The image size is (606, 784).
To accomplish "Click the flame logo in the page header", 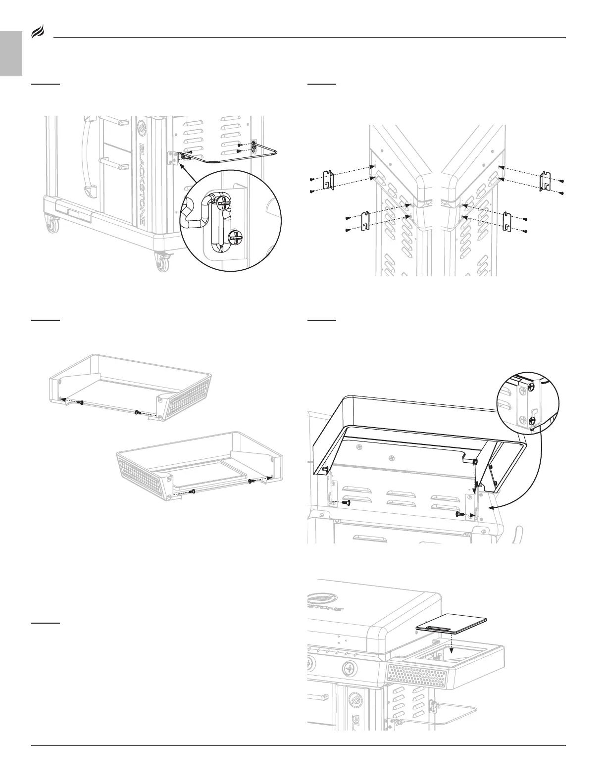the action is pyautogui.click(x=38, y=34).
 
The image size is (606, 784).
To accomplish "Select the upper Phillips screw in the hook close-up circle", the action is pyautogui.click(x=224, y=204).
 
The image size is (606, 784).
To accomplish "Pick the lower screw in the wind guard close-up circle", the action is pyautogui.click(x=531, y=421).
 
